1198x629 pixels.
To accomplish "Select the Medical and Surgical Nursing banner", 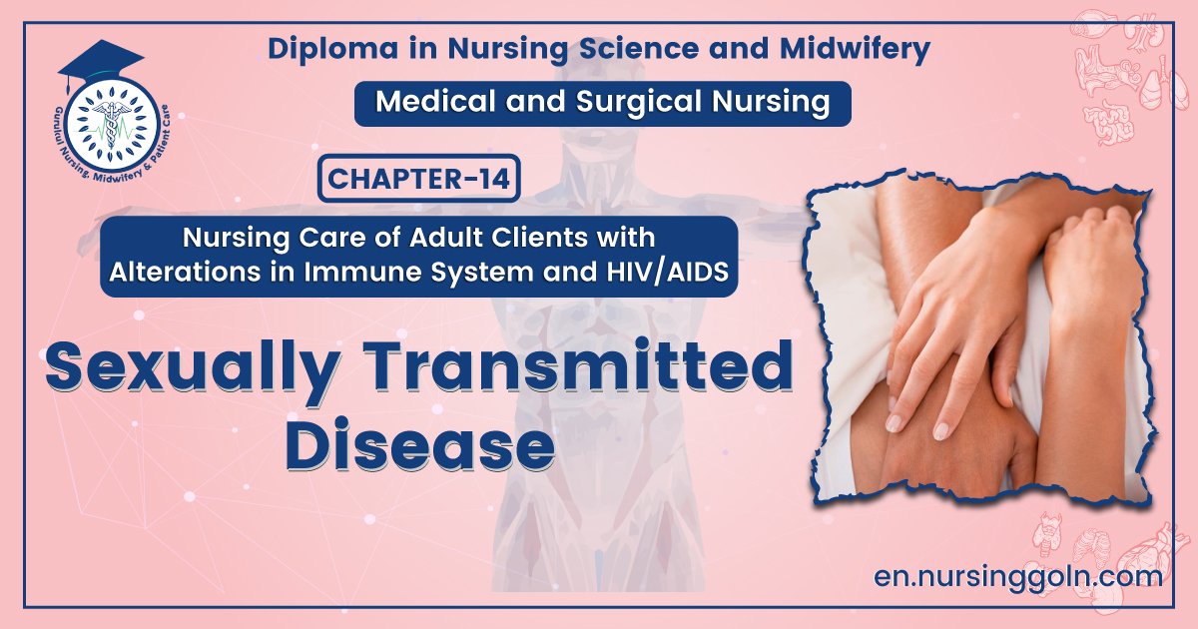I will pyautogui.click(x=602, y=103).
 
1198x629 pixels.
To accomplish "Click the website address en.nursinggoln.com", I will pyautogui.click(x=1017, y=576).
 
